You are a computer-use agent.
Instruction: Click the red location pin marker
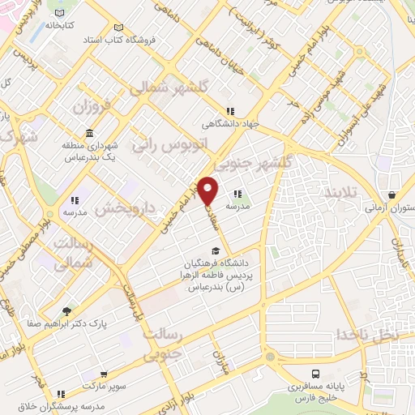pyautogui.click(x=208, y=190)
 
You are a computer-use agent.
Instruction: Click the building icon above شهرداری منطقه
pyautogui.click(x=88, y=133)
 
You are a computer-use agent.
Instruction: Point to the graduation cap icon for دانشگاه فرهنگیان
pyautogui.click(x=216, y=250)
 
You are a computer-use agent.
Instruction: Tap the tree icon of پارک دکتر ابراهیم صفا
pyautogui.click(x=66, y=310)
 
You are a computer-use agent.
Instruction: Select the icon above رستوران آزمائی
pyautogui.click(x=392, y=195)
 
